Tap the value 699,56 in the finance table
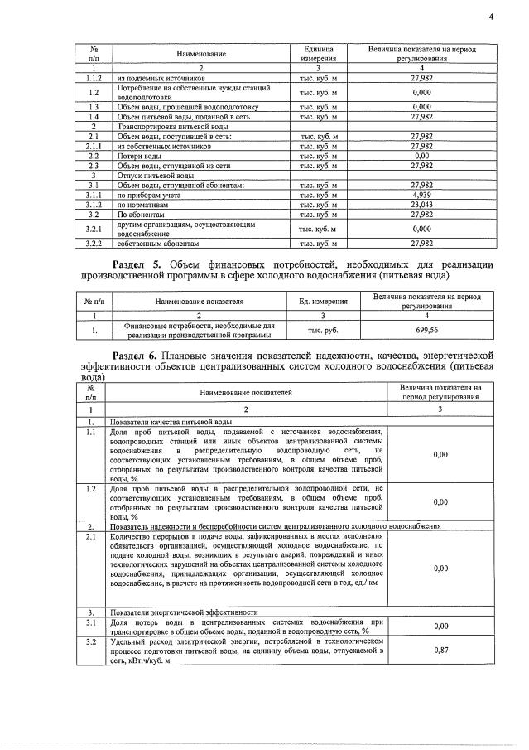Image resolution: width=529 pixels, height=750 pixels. pyautogui.click(x=424, y=330)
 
